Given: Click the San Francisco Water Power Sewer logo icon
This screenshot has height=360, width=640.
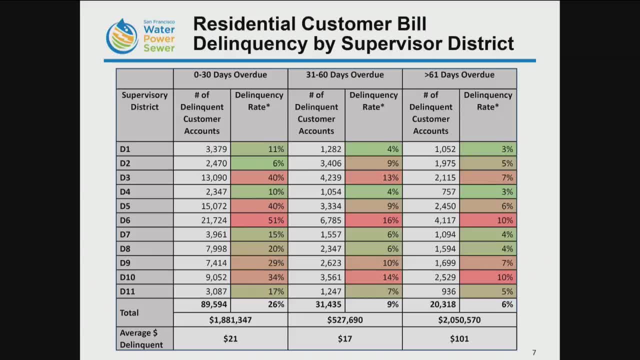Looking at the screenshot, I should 122,36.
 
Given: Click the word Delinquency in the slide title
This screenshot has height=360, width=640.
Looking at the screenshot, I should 250,43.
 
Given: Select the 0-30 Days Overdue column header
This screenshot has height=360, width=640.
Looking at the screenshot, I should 230,75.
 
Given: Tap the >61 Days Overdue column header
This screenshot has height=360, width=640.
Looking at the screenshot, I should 459,75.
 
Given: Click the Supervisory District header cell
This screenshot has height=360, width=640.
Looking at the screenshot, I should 144,101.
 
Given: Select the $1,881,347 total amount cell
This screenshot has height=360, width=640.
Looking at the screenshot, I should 230,320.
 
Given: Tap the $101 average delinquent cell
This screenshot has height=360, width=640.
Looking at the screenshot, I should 459,339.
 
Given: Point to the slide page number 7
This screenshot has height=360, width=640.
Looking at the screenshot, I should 534,352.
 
